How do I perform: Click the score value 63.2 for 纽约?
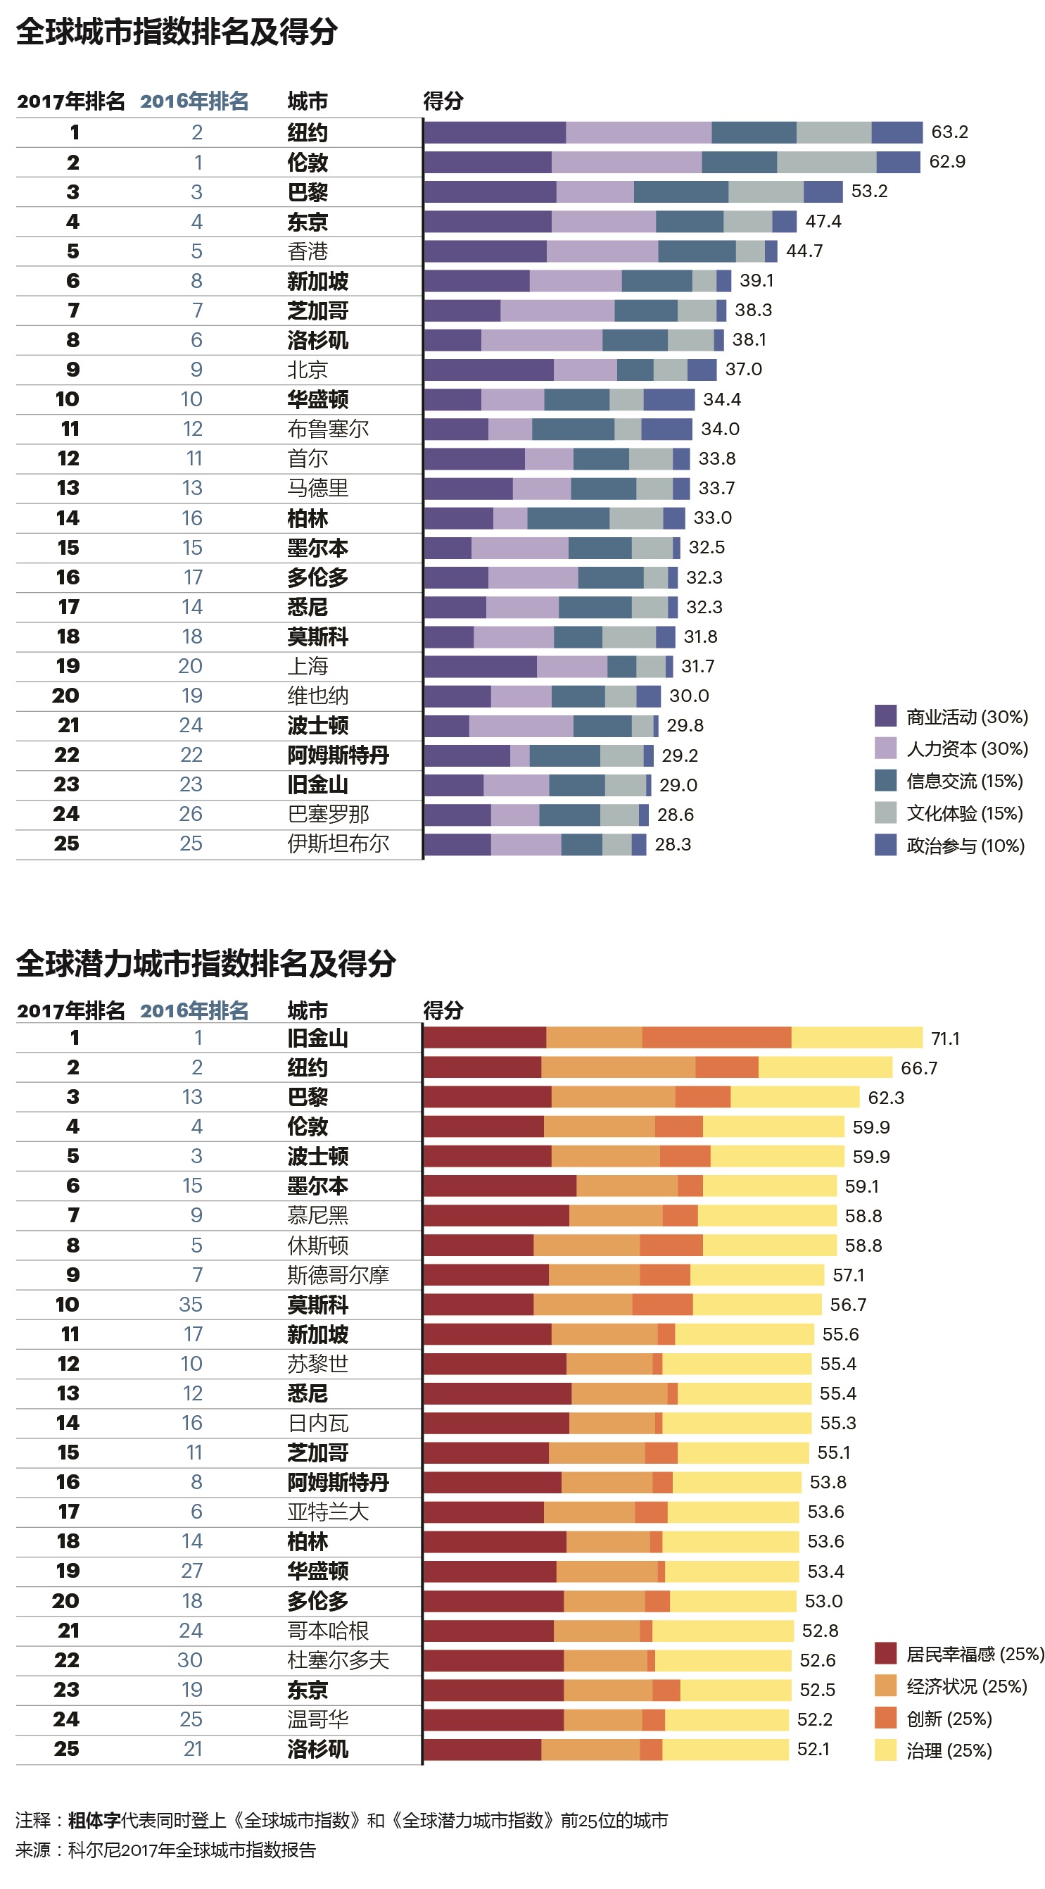949,132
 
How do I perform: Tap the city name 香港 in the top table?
307,251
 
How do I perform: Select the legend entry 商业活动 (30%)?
966,717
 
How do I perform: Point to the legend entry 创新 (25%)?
949,1718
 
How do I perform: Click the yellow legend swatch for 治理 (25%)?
885,1750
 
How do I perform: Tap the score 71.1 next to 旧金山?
944,1038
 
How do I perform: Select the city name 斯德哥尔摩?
337,1275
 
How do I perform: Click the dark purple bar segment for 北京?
488,370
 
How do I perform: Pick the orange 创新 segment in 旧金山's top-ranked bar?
716,1038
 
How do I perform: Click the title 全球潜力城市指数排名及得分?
206,964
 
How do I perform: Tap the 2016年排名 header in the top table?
194,101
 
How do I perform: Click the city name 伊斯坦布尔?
337,844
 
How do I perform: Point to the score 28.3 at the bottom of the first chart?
672,845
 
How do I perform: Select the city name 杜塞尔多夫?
337,1660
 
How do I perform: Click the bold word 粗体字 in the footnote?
94,1820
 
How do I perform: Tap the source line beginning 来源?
165,1850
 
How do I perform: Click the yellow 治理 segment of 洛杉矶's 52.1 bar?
725,1749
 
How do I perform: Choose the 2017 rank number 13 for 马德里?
68,489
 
